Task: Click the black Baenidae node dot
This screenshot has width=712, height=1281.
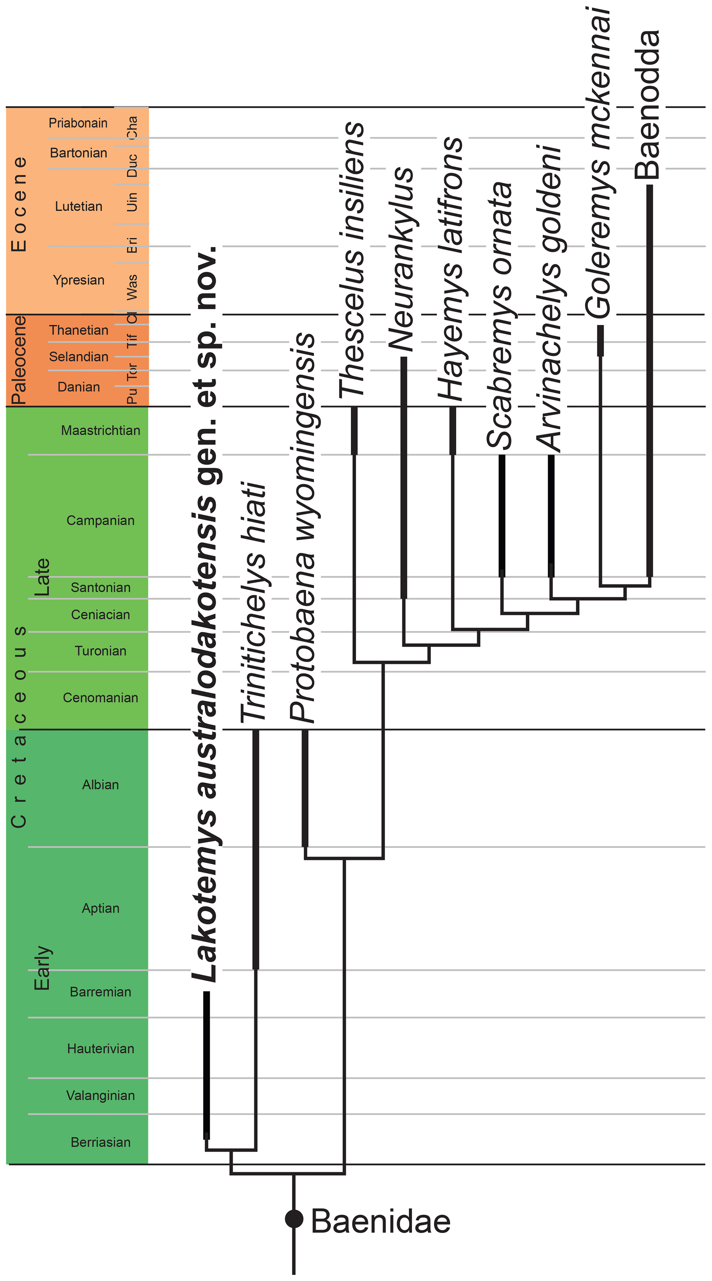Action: (294, 1219)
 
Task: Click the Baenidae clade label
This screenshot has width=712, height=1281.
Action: (380, 1221)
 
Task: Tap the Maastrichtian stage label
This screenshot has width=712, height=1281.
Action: (101, 431)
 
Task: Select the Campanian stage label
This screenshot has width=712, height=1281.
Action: (101, 521)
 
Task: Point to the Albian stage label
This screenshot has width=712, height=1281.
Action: (101, 785)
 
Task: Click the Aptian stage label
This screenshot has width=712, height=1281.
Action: (101, 909)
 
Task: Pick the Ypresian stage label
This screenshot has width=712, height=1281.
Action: (79, 280)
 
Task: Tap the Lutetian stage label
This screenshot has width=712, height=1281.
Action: (79, 206)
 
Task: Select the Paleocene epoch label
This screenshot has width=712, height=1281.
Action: (19, 360)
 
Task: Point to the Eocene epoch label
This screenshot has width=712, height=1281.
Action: (19, 204)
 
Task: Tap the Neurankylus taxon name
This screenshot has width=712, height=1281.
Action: (401, 259)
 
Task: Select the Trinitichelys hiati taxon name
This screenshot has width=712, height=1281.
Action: (255, 602)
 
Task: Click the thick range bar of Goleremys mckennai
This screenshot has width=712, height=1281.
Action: (600, 341)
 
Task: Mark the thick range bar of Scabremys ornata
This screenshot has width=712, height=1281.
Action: (502, 515)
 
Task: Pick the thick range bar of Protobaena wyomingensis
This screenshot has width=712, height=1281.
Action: (305, 788)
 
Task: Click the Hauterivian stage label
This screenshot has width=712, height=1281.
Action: (101, 1049)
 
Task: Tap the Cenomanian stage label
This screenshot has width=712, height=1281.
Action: (101, 698)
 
